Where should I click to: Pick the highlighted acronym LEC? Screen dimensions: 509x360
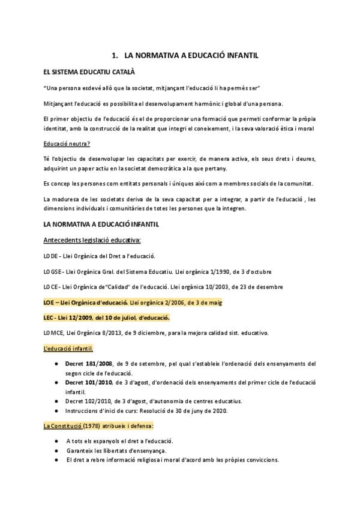50,318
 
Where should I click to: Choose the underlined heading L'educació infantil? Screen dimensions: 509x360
68,349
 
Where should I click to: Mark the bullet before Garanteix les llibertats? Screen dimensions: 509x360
56,450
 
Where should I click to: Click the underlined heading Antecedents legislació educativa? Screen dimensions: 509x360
92,241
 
